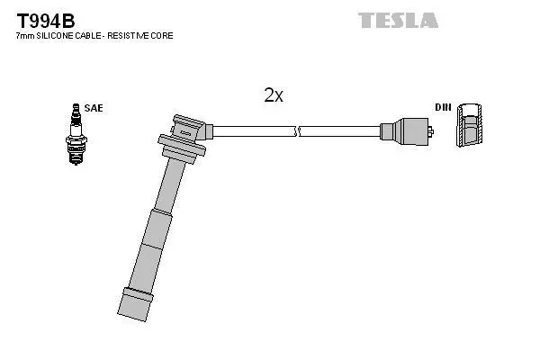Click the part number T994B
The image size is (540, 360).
click(x=46, y=21)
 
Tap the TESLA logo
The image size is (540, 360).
click(x=398, y=20)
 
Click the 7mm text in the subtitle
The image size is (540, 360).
click(x=25, y=35)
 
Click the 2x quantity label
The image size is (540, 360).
click(x=274, y=95)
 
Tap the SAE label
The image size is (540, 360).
click(x=94, y=108)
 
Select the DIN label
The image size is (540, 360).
click(x=443, y=107)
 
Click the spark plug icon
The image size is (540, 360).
click(x=76, y=134)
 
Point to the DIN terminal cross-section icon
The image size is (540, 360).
click(x=469, y=124)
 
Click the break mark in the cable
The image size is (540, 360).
click(x=297, y=131)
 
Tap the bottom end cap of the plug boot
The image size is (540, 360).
click(x=135, y=304)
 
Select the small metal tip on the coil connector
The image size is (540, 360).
click(x=431, y=131)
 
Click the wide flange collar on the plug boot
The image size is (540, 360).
click(x=182, y=143)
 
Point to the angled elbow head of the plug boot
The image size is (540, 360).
click(x=191, y=129)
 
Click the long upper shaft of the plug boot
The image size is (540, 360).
click(x=170, y=187)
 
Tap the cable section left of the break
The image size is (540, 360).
click(x=254, y=131)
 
